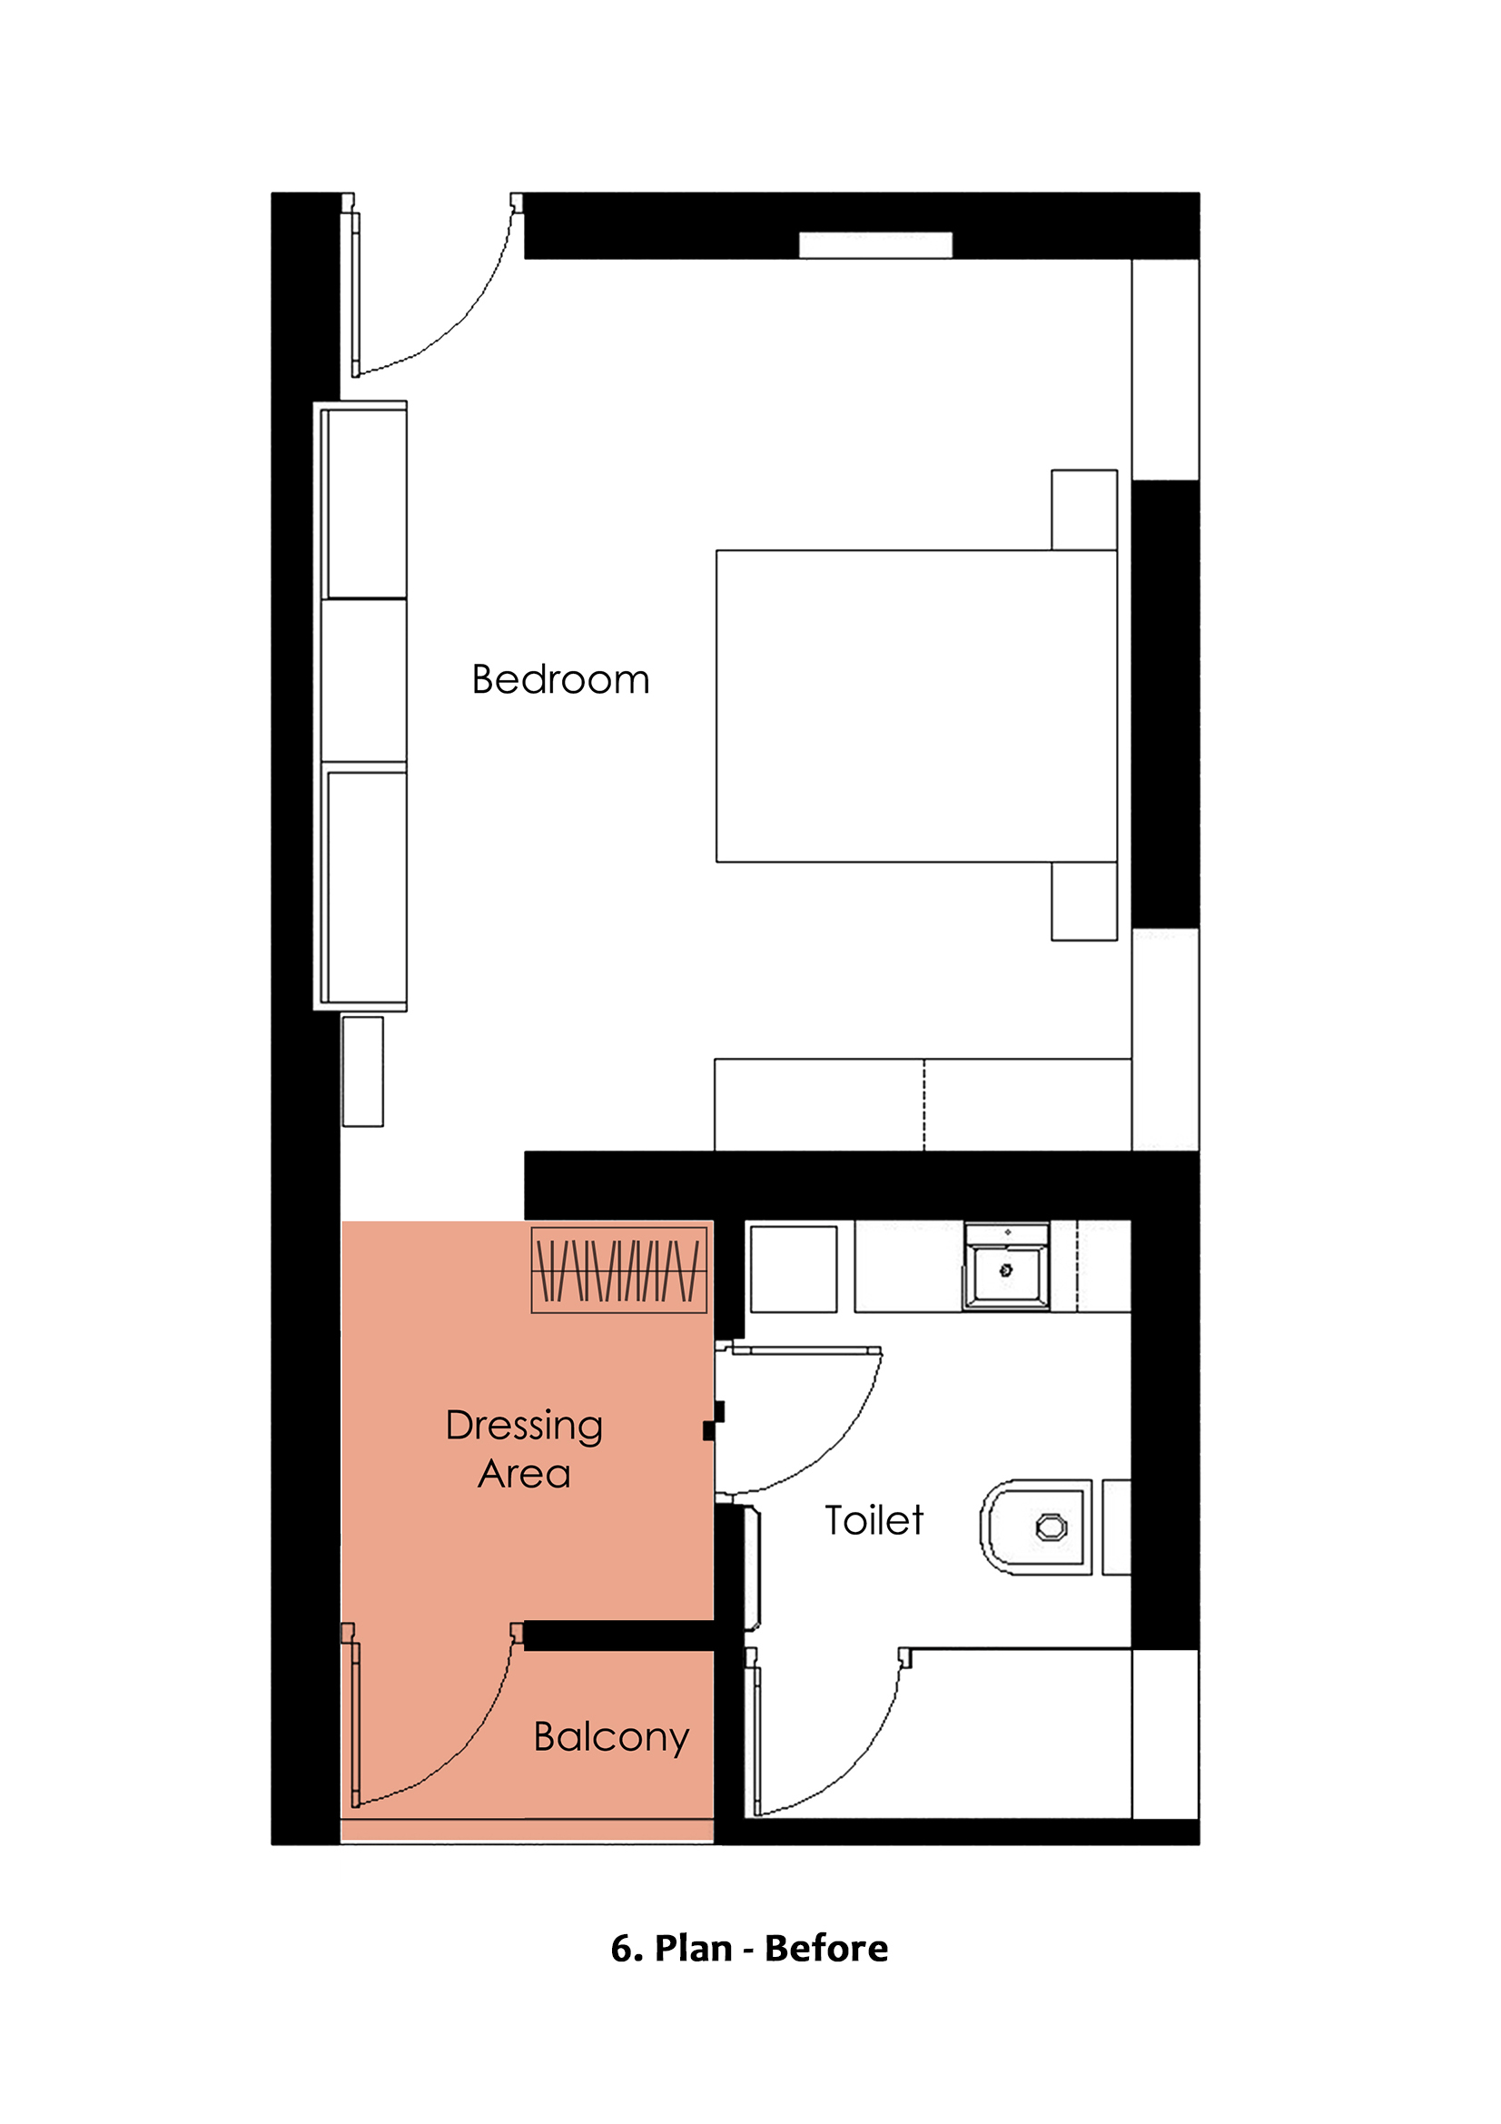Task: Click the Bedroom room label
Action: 560,680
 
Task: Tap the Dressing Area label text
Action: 524,1448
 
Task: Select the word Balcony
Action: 611,1738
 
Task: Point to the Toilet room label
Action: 874,1520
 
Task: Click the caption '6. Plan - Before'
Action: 749,1948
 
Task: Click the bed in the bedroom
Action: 916,706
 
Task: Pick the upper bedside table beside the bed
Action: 1084,509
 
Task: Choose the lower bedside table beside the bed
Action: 1084,901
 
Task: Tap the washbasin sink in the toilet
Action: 1006,1269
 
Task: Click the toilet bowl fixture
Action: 1036,1527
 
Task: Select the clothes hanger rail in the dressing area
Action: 618,1270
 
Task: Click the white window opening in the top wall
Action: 874,245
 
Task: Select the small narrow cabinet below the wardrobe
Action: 362,1072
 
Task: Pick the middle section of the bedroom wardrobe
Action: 363,680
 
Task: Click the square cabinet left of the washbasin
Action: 794,1269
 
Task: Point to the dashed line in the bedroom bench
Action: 923,1105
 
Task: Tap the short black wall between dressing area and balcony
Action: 618,1635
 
